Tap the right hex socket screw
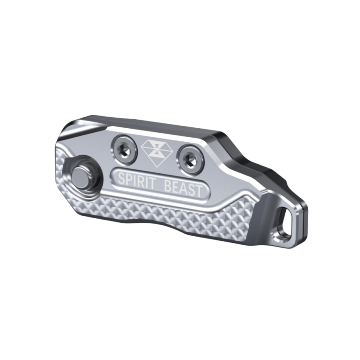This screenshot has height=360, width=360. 190,158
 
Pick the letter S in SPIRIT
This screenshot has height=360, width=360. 121,179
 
